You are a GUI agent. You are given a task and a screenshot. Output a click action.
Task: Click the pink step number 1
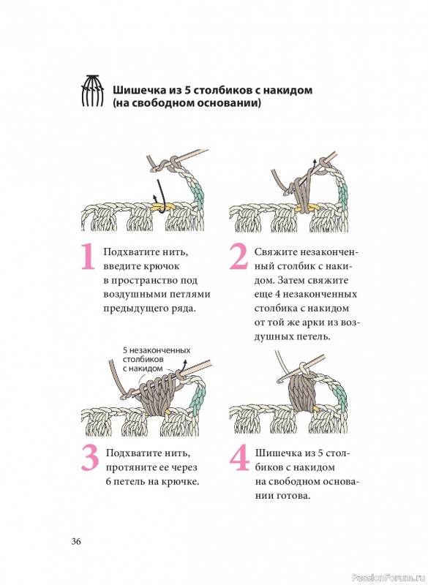click(x=88, y=257)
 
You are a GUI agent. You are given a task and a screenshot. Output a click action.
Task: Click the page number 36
click(x=76, y=541)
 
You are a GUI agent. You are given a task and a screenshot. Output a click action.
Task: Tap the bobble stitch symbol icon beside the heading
click(x=92, y=91)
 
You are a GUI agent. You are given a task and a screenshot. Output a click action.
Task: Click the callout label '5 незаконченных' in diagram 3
click(x=157, y=350)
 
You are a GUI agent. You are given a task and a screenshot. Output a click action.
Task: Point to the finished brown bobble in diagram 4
click(x=303, y=391)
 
